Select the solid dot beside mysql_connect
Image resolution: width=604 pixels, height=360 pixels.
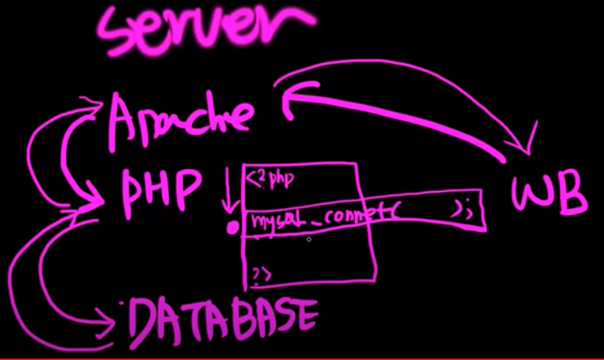click(233, 228)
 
